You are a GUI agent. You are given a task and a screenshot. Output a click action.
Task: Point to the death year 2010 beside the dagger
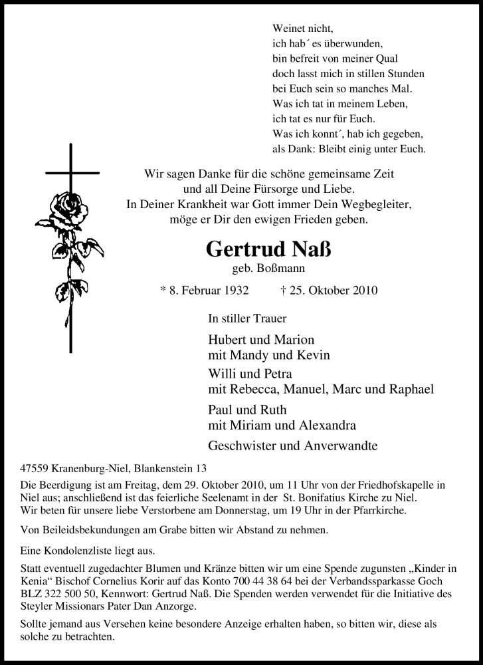[366, 290]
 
